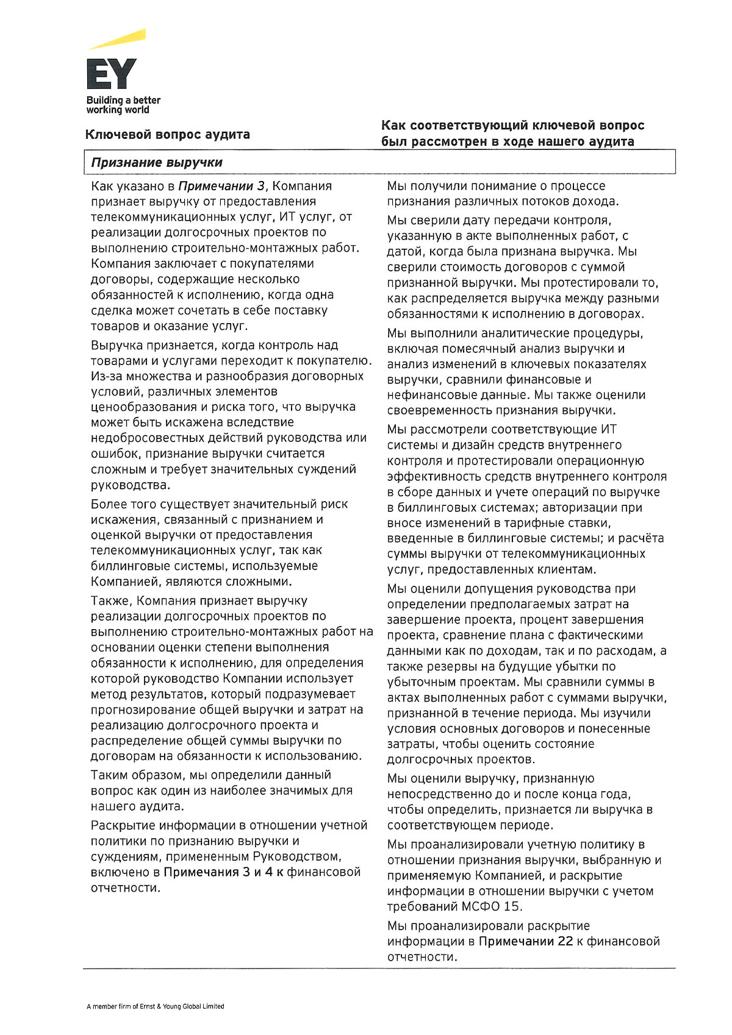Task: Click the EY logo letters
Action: coord(111,74)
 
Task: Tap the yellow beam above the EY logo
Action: coord(118,38)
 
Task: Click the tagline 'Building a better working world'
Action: coord(123,105)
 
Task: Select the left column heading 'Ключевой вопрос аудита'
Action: coord(168,135)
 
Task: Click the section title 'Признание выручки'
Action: coord(157,163)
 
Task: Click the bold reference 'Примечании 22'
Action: coord(526,941)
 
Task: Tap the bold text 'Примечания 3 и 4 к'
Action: coord(224,872)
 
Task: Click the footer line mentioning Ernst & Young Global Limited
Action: coord(156,1006)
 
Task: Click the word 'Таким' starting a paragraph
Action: coord(109,775)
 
